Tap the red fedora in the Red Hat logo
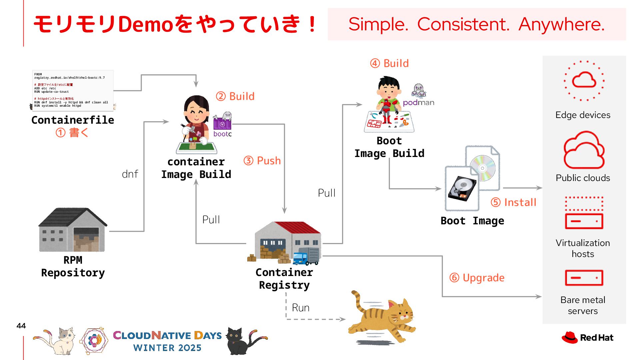click(569, 337)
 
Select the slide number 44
click(21, 326)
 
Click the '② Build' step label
click(235, 96)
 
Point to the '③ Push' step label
click(262, 161)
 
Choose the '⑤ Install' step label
click(513, 202)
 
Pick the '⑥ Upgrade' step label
click(477, 278)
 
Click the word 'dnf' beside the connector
click(130, 174)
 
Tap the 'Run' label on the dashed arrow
click(301, 308)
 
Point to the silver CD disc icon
click(483, 168)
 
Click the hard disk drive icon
click(462, 188)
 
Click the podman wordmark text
click(418, 103)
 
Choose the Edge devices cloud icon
click(584, 80)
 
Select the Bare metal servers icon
click(584, 278)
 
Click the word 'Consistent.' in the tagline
click(463, 24)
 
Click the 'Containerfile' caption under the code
click(73, 120)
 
